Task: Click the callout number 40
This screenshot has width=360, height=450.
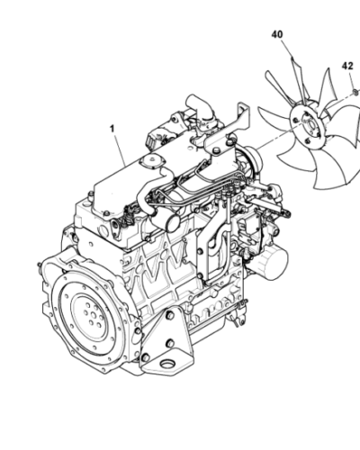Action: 276,34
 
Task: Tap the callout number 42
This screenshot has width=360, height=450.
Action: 347,66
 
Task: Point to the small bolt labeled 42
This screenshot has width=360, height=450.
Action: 355,91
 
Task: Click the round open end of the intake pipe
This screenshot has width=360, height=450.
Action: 165,221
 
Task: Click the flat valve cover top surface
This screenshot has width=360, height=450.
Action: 117,184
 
